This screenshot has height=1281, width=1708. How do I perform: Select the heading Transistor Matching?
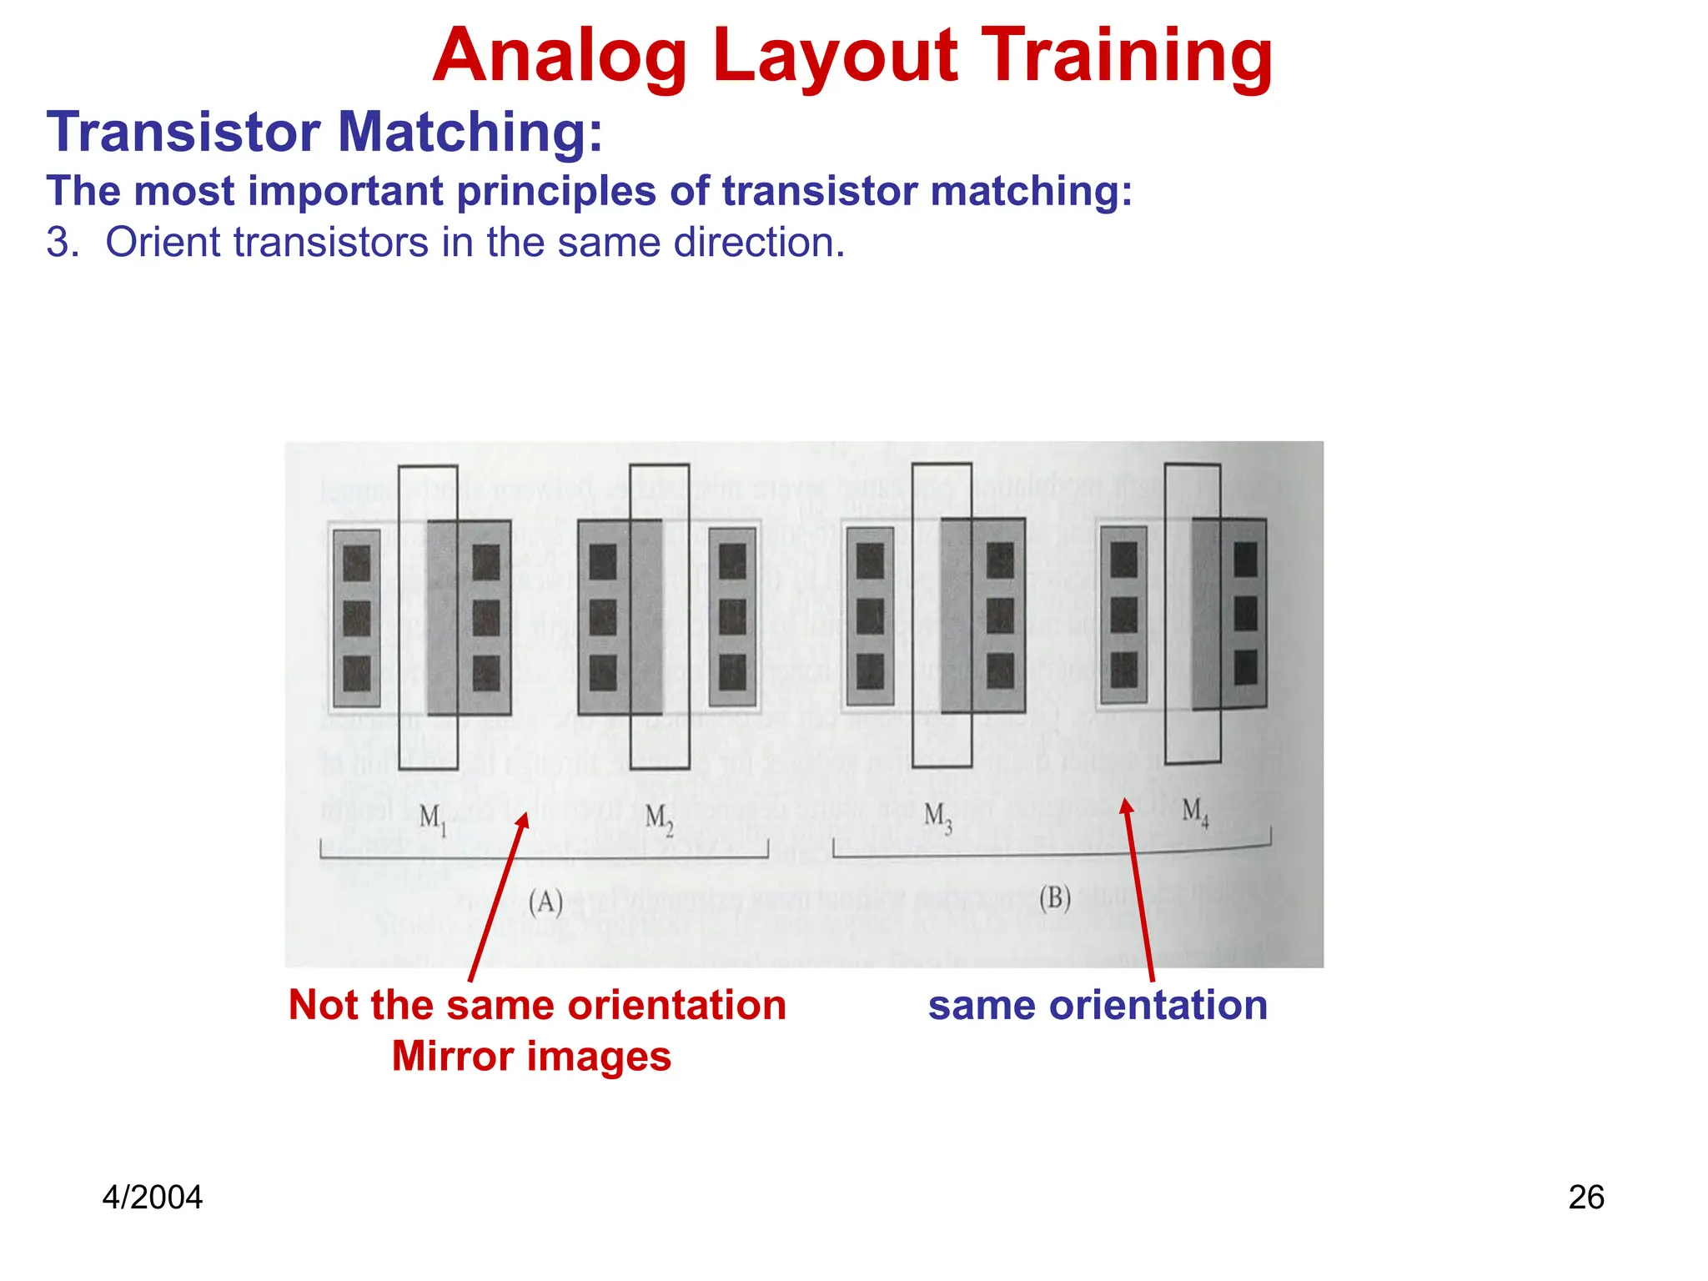[x=324, y=133]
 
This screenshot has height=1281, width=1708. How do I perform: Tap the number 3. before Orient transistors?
[x=63, y=243]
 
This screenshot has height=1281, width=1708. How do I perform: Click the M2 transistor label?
[x=659, y=818]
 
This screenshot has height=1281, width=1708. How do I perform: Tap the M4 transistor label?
[x=1195, y=811]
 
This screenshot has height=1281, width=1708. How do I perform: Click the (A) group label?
[x=546, y=902]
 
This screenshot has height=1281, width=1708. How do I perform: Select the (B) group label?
[x=1055, y=898]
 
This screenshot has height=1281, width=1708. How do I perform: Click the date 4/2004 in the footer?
[x=152, y=1198]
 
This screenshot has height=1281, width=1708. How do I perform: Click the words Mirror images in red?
[x=531, y=1057]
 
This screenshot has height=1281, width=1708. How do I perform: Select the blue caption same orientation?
[x=1098, y=1005]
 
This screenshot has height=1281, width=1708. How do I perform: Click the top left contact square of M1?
[x=356, y=563]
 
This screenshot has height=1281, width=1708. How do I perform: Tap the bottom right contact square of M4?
[x=1245, y=667]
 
